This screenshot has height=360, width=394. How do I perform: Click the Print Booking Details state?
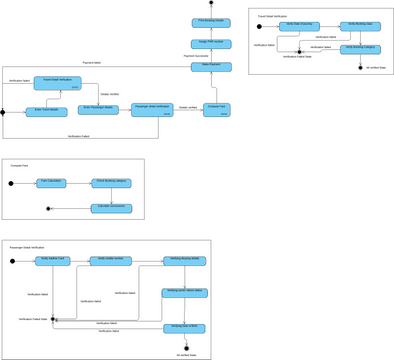point(211,20)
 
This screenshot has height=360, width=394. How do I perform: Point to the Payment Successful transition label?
point(196,55)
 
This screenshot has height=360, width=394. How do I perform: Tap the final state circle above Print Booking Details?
point(211,4)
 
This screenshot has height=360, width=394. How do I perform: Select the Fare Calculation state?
point(51,183)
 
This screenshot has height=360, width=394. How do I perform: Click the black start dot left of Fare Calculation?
point(13,183)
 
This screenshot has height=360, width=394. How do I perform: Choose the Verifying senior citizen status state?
point(185,294)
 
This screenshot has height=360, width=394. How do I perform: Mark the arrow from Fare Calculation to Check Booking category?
point(79,183)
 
